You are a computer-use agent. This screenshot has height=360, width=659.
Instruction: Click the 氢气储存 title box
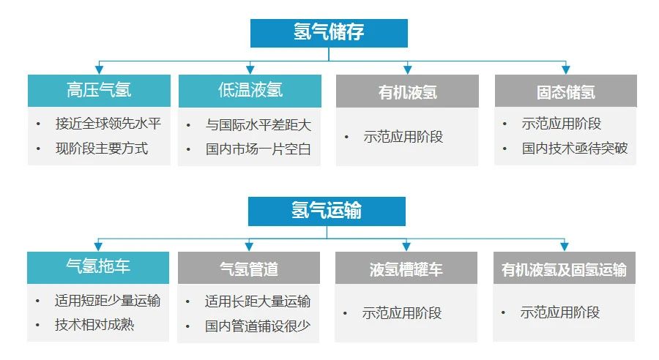pyautogui.click(x=329, y=33)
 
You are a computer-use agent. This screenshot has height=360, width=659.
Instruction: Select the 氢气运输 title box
pyautogui.click(x=327, y=211)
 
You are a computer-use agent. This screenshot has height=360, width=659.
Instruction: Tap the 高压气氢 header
pyautogui.click(x=99, y=91)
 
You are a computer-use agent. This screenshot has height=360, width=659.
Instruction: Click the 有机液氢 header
pyautogui.click(x=407, y=91)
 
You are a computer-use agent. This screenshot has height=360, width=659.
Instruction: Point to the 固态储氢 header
pyautogui.click(x=566, y=91)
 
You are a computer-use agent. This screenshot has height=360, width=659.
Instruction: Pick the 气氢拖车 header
pyautogui.click(x=98, y=268)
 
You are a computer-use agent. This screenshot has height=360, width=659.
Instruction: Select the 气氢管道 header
pyautogui.click(x=249, y=268)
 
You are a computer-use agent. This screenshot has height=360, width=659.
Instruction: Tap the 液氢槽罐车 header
pyautogui.click(x=406, y=268)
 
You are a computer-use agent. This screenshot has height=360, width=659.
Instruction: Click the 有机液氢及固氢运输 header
pyautogui.click(x=564, y=268)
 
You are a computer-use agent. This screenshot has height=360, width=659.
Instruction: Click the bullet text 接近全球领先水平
pyautogui.click(x=108, y=124)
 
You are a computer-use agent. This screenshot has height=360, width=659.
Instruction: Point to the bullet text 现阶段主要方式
pyautogui.click(x=102, y=149)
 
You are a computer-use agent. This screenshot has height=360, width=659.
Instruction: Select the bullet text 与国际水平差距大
pyautogui.click(x=258, y=125)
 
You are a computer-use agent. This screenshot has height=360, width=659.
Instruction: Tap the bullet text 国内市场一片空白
pyautogui.click(x=258, y=149)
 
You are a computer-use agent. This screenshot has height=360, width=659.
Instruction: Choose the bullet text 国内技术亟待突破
pyautogui.click(x=575, y=148)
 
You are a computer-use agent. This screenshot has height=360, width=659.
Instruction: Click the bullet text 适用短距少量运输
pyautogui.click(x=108, y=301)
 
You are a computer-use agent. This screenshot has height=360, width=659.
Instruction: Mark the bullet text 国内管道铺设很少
pyautogui.click(x=258, y=326)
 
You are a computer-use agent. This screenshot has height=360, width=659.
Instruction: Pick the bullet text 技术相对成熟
pyautogui.click(x=94, y=325)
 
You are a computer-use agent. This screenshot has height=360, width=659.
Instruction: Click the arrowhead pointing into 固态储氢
pyautogui.click(x=566, y=70)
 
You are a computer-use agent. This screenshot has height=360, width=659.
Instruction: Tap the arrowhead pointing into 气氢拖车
pyautogui.click(x=98, y=247)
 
